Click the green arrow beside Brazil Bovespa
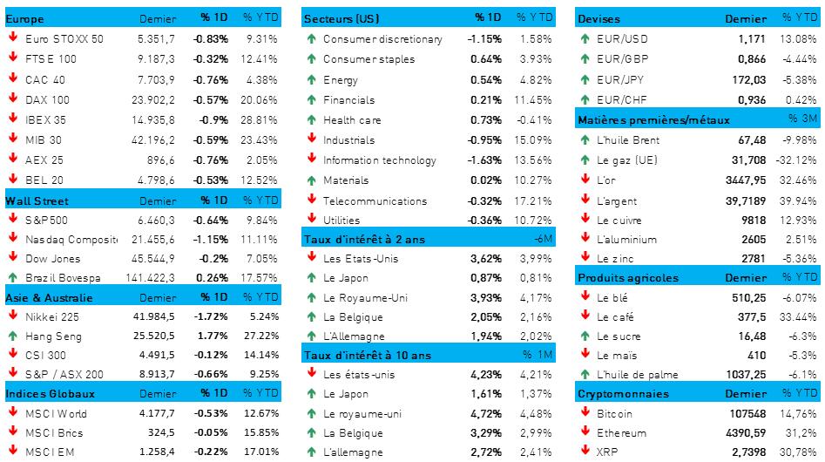coord(13,277)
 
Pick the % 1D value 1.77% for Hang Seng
coord(213,336)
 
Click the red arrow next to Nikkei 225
coord(13,316)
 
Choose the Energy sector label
coord(340,79)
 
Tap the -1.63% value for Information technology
coord(484,160)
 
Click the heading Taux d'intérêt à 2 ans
coord(367,239)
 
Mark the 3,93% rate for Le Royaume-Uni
coord(486,297)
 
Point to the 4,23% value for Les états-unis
coord(486,375)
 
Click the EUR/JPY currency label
coord(621,79)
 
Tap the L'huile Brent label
coord(628,139)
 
